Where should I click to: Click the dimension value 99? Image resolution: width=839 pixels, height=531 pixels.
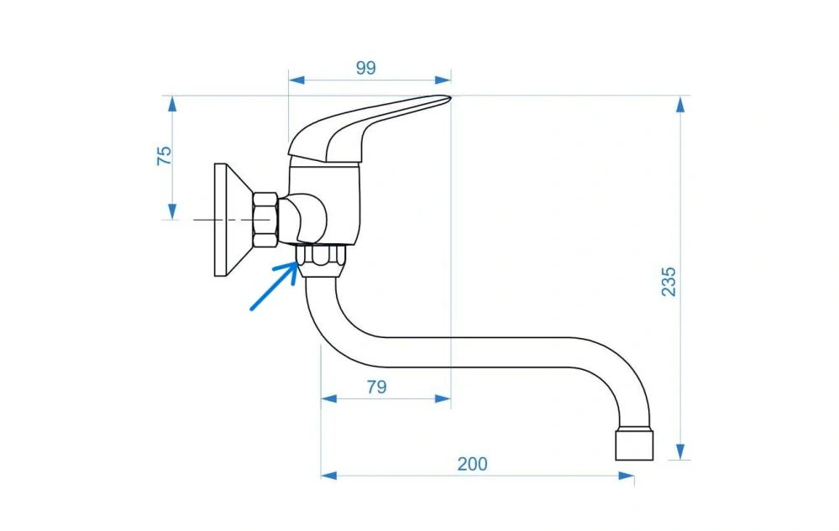(366, 68)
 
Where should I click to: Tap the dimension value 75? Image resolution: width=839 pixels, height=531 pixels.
(165, 155)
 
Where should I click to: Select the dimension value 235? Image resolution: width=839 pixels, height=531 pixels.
(669, 282)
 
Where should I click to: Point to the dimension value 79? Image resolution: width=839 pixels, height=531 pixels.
(377, 386)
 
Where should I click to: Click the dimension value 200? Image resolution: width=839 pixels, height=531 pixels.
(472, 464)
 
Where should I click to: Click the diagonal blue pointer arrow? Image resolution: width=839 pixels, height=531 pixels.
(274, 286)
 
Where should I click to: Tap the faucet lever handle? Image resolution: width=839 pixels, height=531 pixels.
(369, 128)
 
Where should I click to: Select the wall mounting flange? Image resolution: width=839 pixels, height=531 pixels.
(233, 220)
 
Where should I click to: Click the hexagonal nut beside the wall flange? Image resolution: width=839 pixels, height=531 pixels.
(265, 220)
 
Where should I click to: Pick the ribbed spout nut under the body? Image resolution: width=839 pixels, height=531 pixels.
(321, 261)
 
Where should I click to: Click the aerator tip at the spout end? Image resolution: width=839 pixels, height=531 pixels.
(634, 444)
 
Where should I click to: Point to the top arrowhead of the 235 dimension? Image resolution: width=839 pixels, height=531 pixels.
(680, 104)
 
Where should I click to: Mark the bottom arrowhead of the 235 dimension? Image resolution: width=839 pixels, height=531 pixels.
(680, 451)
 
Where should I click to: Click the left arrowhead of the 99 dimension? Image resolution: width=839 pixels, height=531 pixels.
(296, 81)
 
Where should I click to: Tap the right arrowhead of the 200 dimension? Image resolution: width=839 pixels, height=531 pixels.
(626, 476)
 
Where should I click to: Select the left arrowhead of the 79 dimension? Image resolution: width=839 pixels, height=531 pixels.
(329, 398)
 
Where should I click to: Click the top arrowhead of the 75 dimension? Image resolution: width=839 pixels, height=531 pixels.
(172, 104)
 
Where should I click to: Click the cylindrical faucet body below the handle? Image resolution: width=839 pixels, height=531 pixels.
(324, 204)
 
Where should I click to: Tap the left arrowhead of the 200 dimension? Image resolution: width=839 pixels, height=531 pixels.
(329, 476)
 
